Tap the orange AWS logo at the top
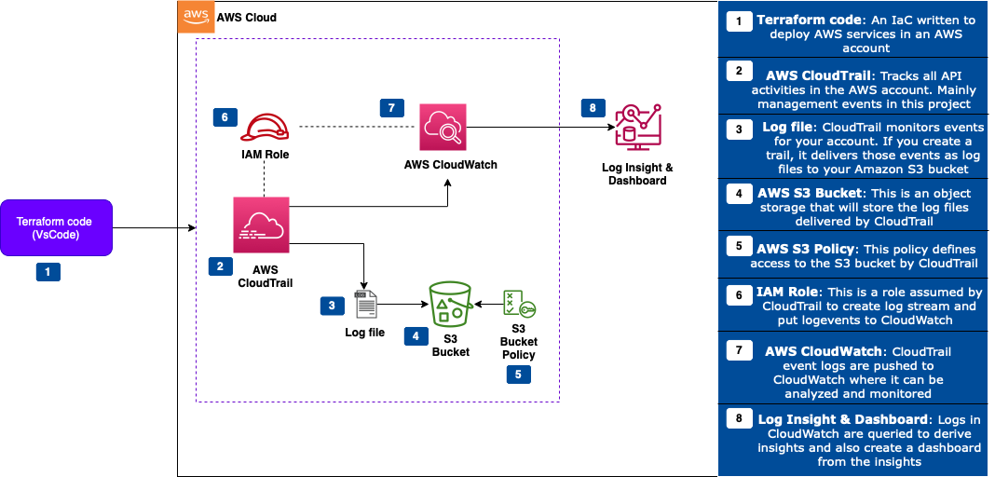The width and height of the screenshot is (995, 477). (196, 17)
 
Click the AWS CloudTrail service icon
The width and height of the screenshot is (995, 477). (262, 225)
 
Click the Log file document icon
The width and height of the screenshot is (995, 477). (365, 304)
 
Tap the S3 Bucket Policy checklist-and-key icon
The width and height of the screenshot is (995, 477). (518, 305)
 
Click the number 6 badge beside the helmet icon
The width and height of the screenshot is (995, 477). (224, 117)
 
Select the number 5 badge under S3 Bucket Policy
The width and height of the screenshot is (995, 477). (518, 374)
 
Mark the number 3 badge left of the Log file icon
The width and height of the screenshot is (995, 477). (331, 305)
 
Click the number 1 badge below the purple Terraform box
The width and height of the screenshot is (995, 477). (48, 271)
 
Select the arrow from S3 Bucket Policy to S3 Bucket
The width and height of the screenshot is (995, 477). (487, 304)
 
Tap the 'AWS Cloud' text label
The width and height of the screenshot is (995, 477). (246, 18)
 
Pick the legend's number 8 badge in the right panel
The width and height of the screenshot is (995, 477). (739, 418)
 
